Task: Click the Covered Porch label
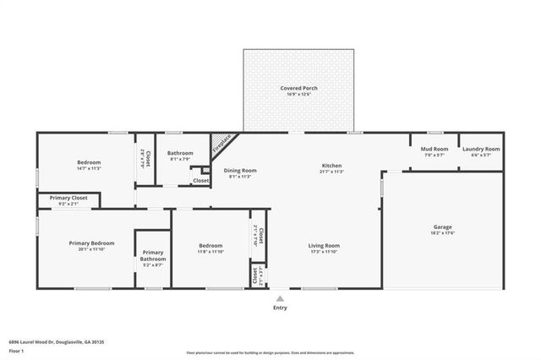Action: click(298, 88)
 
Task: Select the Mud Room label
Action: click(433, 149)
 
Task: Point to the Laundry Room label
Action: click(481, 149)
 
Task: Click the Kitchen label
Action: click(331, 165)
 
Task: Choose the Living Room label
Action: click(323, 246)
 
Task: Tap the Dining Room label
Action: click(240, 170)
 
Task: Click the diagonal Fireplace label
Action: click(221, 142)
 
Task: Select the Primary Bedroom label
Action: click(91, 243)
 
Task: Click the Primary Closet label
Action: click(68, 198)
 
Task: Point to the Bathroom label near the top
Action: click(180, 153)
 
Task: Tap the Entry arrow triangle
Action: click(280, 298)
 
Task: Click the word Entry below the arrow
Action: click(280, 308)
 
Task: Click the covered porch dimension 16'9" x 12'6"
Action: click(298, 94)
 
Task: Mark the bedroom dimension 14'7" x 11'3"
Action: click(89, 168)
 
